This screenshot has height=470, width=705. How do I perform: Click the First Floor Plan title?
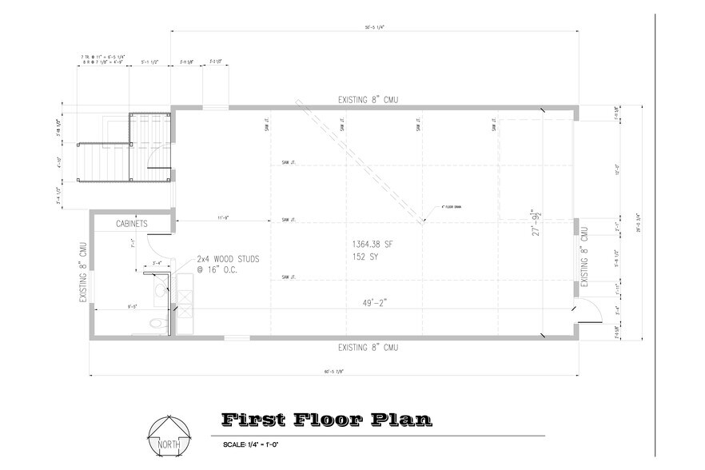point(327,419)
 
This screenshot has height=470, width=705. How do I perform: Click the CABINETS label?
point(131,225)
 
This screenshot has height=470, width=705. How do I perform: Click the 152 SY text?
point(364,257)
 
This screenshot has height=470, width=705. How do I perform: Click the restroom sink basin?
point(160,290)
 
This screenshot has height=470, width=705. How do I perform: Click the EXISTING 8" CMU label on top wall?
point(368,100)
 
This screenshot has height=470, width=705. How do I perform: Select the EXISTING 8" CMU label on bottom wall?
point(368,348)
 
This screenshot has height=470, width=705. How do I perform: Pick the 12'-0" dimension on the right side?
point(618,170)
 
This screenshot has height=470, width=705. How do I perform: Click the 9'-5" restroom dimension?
point(133,305)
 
